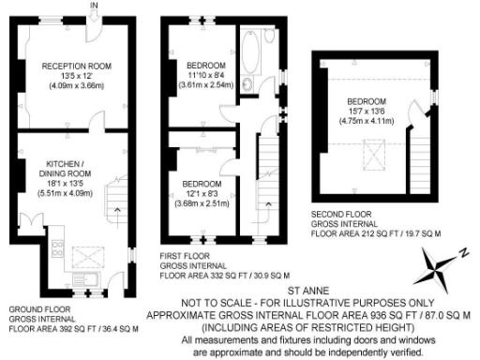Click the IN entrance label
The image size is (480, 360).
click(93, 6)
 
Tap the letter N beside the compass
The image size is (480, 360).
click(463, 251)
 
